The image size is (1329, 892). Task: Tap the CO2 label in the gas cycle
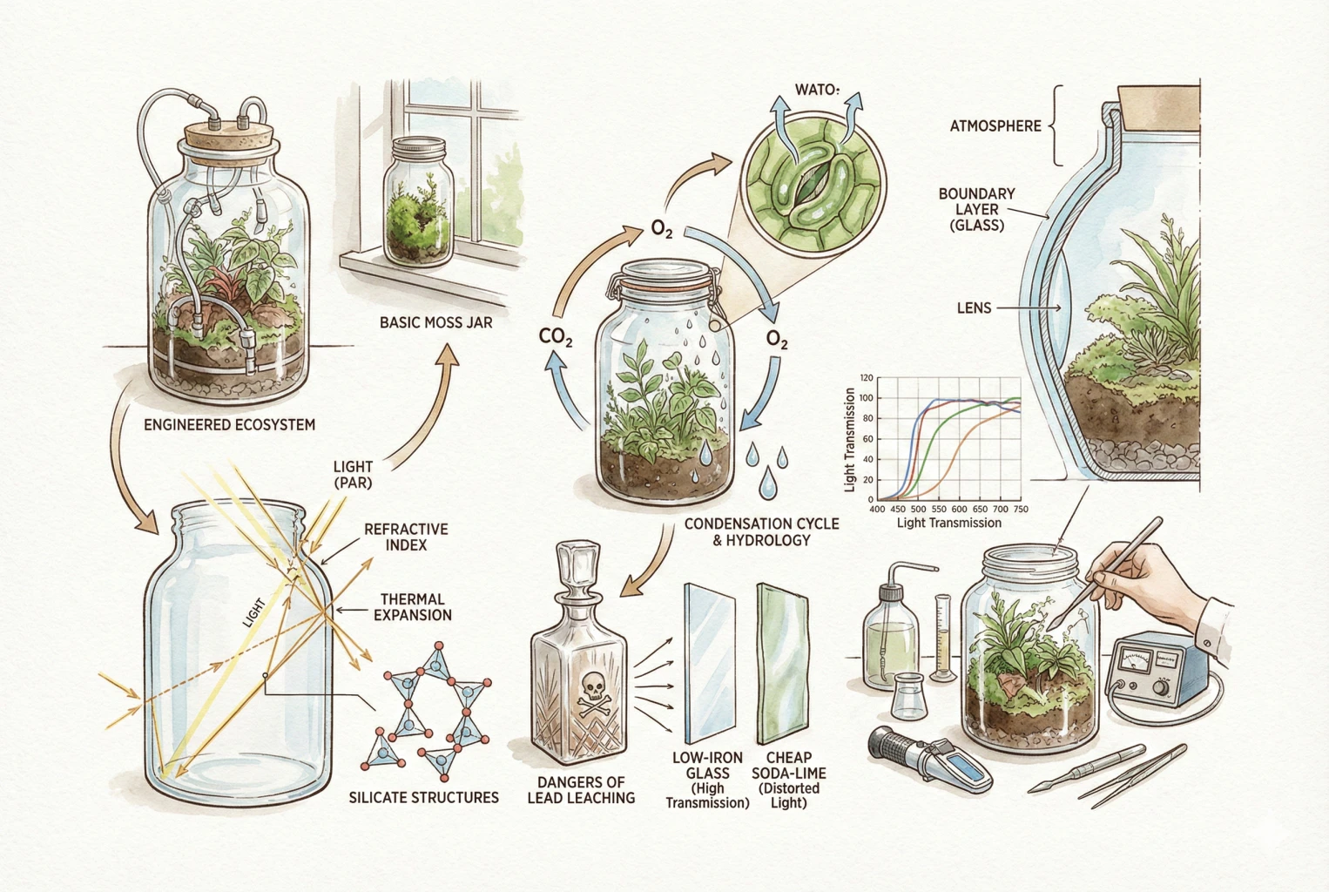coord(556,336)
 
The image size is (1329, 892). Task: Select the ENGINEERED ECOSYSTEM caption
coord(229,425)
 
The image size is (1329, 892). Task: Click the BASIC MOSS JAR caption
coord(435,323)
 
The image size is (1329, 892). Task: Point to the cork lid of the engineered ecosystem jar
coord(229,139)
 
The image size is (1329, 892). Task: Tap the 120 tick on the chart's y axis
coord(866,378)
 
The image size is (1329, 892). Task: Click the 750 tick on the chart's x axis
coord(1020,510)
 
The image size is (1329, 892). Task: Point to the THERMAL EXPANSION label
coord(412,607)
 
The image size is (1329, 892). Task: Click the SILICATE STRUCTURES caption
coord(423,797)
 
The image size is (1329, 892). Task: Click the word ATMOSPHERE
coord(995,126)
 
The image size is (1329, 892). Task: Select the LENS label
coord(974,307)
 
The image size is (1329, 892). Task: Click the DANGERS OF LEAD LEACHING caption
coord(581,790)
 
